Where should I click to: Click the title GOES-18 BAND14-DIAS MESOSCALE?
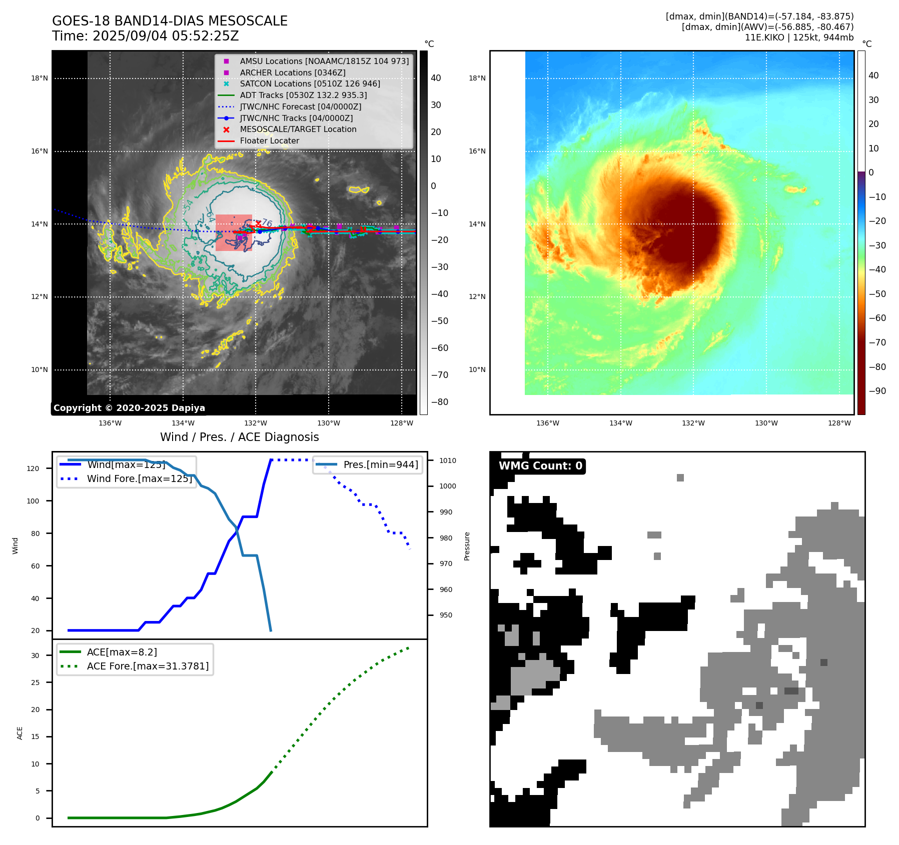[170, 21]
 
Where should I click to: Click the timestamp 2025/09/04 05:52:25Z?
[166, 36]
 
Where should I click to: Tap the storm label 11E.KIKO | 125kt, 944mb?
[799, 37]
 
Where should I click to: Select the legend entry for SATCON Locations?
[310, 83]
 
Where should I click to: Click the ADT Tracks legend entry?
[303, 95]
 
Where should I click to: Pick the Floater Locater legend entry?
[269, 141]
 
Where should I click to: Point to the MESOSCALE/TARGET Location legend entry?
[298, 129]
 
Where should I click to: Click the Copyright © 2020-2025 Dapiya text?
[129, 408]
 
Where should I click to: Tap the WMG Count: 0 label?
[540, 466]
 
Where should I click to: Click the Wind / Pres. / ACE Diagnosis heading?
[239, 437]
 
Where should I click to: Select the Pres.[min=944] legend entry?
[380, 464]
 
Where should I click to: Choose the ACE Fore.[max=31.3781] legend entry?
[148, 666]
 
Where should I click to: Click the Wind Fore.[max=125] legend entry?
[140, 478]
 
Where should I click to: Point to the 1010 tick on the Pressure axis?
[448, 460]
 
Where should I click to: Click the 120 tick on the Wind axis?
[33, 468]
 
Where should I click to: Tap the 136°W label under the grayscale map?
[110, 423]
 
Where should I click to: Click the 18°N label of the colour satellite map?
[477, 78]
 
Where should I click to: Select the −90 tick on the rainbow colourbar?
[877, 391]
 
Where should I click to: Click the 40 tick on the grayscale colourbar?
[436, 78]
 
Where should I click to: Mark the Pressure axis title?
[467, 546]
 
